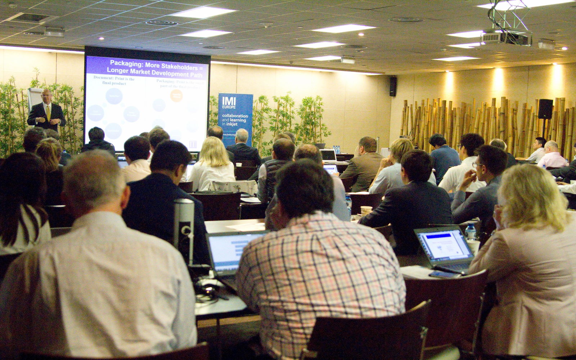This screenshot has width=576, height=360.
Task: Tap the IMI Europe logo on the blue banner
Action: point(229,103)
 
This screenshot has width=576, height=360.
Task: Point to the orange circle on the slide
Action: point(176,95)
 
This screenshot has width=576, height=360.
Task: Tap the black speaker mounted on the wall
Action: point(393,86)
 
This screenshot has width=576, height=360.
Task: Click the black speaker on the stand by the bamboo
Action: point(545,109)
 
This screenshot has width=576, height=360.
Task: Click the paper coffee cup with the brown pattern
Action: point(366,210)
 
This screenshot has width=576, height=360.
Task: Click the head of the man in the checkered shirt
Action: point(304,187)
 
